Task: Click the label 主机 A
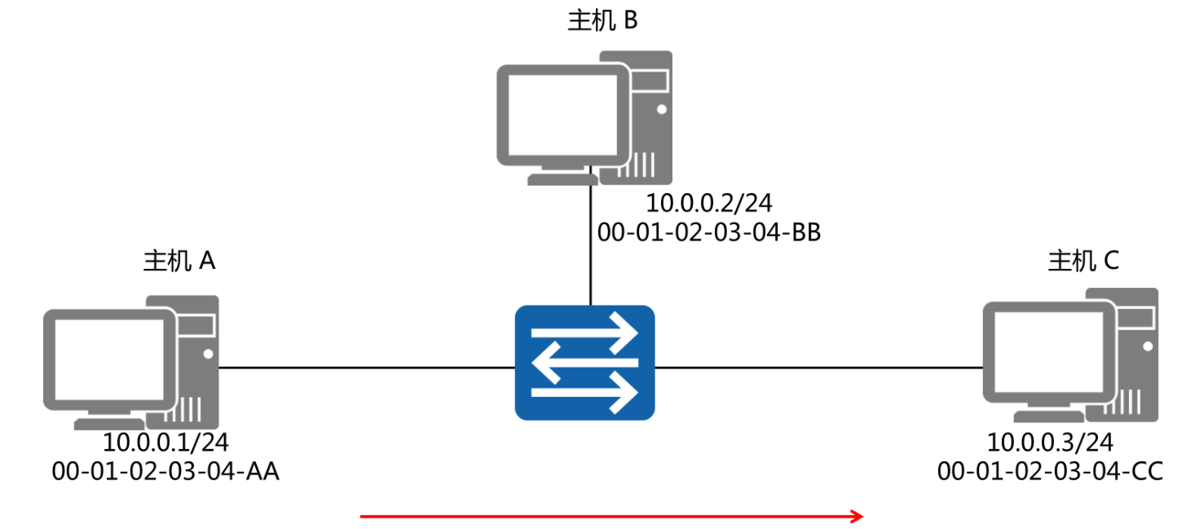click(x=179, y=261)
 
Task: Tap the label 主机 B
click(x=602, y=20)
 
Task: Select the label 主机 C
click(x=1083, y=261)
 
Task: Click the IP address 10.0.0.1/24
click(x=165, y=443)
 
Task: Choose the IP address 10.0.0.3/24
click(x=1050, y=443)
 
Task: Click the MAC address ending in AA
click(x=165, y=471)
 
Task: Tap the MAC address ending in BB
click(x=709, y=232)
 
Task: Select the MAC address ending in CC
click(x=1050, y=471)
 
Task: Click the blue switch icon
click(x=584, y=363)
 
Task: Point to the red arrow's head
click(x=858, y=516)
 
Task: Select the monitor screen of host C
click(x=1047, y=349)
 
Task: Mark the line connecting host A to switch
click(x=367, y=368)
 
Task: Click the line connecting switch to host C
click(x=815, y=368)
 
